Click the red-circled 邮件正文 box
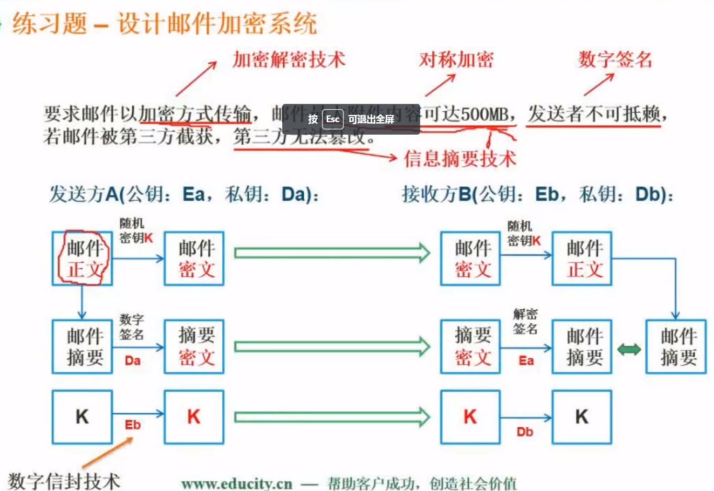(x=83, y=259)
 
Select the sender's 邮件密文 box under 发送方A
(x=194, y=259)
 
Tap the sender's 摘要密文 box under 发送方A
(x=194, y=346)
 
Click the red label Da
(x=133, y=360)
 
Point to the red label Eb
(x=133, y=425)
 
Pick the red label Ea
(x=526, y=360)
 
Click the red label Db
(x=525, y=432)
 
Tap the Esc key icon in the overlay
(x=333, y=119)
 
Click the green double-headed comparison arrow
(x=629, y=349)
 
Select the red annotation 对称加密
(x=456, y=60)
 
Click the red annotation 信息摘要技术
(x=460, y=159)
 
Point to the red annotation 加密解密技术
(x=289, y=60)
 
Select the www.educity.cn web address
(x=237, y=484)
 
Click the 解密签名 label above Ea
(x=525, y=321)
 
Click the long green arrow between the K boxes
(x=332, y=417)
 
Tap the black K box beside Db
(x=582, y=417)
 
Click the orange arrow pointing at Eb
(x=107, y=452)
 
